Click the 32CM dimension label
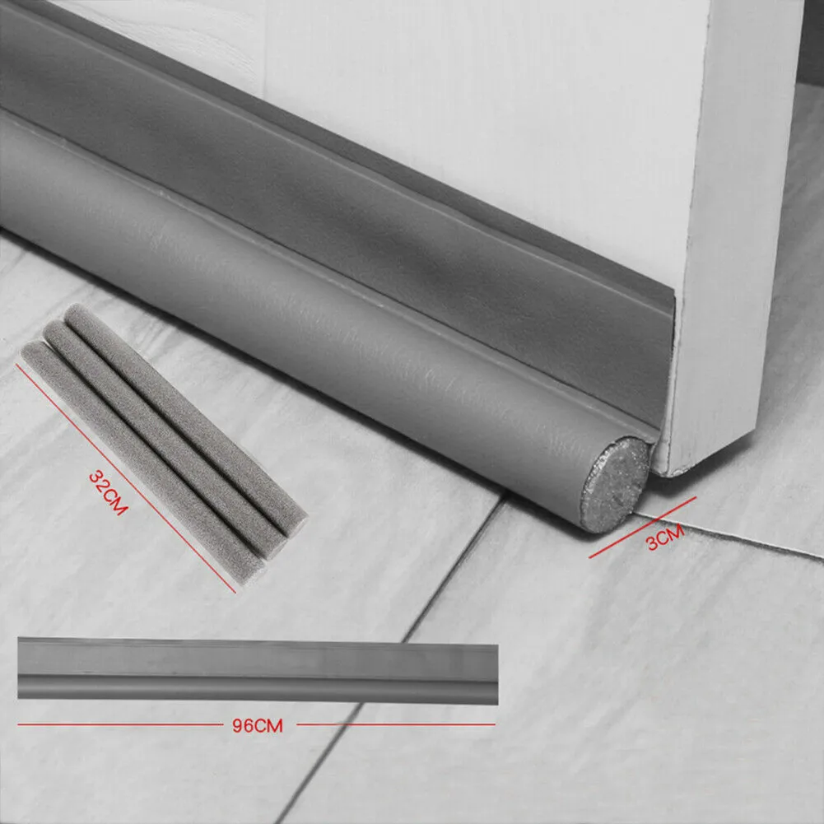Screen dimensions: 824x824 pos(109,493)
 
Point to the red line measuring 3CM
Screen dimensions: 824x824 pos(642,528)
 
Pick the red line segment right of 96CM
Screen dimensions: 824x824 pos(395,724)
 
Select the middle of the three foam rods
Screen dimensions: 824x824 pos(165,436)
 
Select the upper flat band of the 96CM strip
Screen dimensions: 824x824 pos(255,659)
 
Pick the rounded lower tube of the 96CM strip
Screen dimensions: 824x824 pos(255,689)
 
